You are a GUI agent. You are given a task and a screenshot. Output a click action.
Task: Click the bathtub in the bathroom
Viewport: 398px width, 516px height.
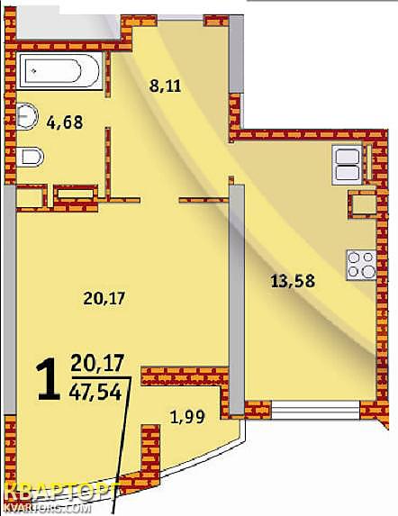coord(59,70)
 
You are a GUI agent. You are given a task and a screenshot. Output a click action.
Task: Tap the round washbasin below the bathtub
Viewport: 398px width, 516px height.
coord(26,116)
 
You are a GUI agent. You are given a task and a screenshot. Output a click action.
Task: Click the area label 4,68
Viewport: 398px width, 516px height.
coord(65,122)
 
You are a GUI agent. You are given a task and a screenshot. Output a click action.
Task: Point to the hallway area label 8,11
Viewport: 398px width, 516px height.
coord(165,86)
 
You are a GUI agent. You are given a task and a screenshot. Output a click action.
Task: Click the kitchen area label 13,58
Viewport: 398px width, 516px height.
coord(293,281)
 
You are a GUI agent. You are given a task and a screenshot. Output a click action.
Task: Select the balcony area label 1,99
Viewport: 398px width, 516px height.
coord(187,417)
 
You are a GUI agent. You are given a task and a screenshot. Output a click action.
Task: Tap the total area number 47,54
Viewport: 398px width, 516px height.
coord(95,393)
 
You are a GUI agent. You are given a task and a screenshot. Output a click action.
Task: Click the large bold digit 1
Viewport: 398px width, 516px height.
coord(49,379)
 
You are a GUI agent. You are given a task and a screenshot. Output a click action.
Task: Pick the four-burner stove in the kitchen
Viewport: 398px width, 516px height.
coord(361,265)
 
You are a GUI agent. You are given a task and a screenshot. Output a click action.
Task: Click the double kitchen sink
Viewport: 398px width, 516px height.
coord(347,165)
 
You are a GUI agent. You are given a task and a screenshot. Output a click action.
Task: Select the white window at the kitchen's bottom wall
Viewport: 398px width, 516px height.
coord(315,410)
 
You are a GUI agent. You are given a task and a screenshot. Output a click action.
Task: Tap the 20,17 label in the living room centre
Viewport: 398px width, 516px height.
coord(104,298)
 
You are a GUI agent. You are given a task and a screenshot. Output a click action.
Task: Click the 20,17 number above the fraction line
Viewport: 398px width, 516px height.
coord(97,363)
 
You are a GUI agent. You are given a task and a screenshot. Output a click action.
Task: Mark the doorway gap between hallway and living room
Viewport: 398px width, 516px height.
coord(159,200)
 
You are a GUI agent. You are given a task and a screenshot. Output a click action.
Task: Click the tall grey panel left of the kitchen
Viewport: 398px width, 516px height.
coord(237,300)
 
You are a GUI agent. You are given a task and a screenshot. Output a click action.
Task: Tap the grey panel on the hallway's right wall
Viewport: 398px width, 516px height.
coord(237,54)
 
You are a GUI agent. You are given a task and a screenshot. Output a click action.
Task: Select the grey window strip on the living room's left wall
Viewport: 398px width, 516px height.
coord(10,300)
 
